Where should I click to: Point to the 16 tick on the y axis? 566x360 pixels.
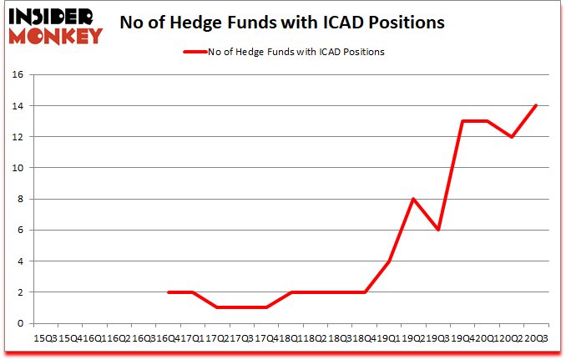[x=18, y=74]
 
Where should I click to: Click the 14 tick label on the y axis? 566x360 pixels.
[x=18, y=106]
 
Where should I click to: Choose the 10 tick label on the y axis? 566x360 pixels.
[x=18, y=168]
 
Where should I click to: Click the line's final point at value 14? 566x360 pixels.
[x=536, y=105]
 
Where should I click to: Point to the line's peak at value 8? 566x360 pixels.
[x=413, y=199]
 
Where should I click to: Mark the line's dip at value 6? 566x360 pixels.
[x=437, y=230]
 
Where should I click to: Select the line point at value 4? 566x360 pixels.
[x=389, y=261]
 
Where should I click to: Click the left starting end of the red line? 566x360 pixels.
[x=169, y=292]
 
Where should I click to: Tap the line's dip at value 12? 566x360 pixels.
[x=511, y=137]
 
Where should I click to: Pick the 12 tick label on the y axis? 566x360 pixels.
[x=18, y=137]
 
